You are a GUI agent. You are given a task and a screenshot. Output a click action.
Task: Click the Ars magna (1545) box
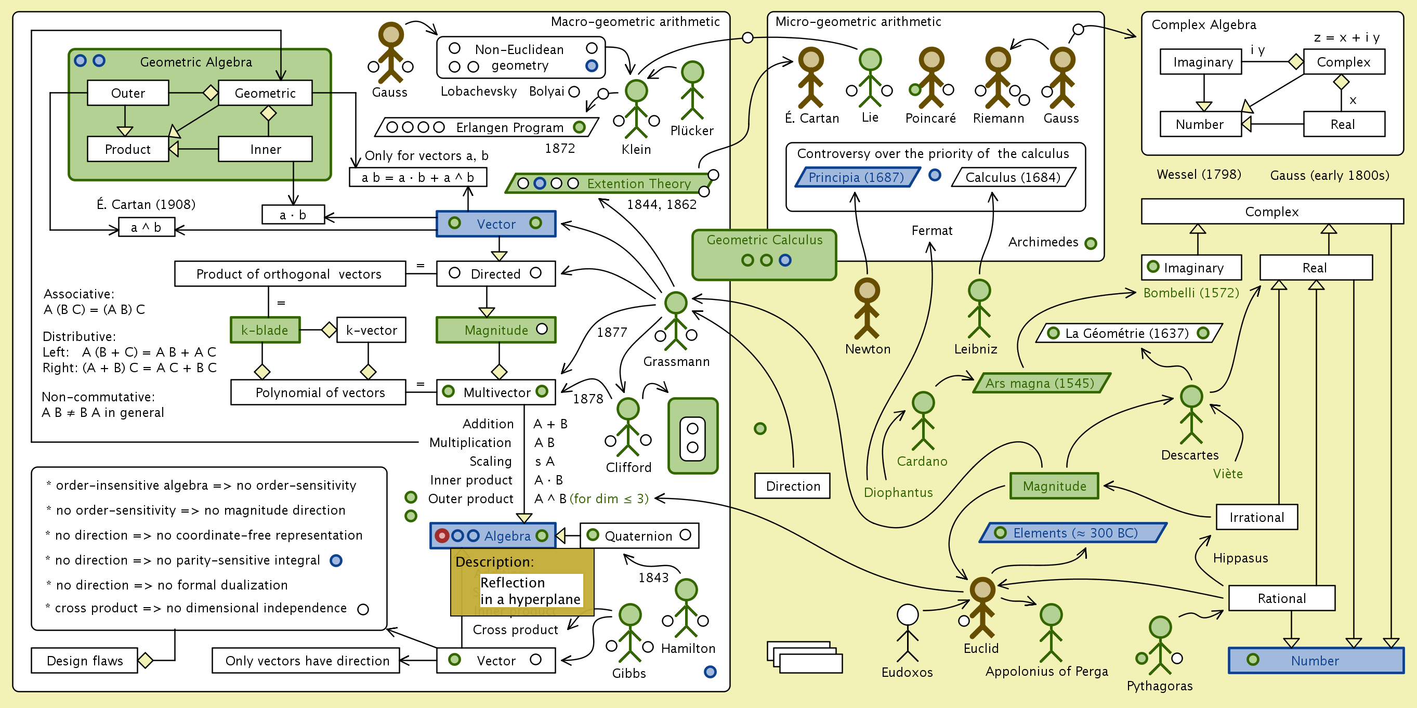(x=1041, y=384)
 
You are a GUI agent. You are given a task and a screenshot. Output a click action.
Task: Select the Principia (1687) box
(x=857, y=177)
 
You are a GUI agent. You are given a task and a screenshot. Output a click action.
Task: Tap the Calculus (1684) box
(x=1013, y=177)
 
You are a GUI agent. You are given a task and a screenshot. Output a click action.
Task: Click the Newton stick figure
(x=867, y=308)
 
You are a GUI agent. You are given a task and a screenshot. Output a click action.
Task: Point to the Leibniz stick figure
(x=979, y=308)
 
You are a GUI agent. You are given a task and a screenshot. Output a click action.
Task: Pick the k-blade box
(x=265, y=330)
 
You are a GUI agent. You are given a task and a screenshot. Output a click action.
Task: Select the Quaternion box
(x=639, y=536)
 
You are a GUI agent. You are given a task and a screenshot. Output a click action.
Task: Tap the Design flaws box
(x=85, y=661)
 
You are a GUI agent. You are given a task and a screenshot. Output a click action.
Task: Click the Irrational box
(x=1256, y=517)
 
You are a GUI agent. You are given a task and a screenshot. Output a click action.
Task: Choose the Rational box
(x=1281, y=598)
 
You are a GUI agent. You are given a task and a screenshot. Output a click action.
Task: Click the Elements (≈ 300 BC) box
(x=1073, y=533)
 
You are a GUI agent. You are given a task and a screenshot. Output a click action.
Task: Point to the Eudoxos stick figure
(x=908, y=633)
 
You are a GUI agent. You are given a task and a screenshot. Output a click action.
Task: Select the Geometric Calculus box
(x=764, y=255)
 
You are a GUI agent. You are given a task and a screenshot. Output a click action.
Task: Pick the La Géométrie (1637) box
(x=1128, y=333)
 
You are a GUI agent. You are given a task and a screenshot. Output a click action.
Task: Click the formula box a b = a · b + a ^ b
(x=417, y=178)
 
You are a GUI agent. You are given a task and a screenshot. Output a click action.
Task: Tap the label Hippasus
(x=1240, y=558)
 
